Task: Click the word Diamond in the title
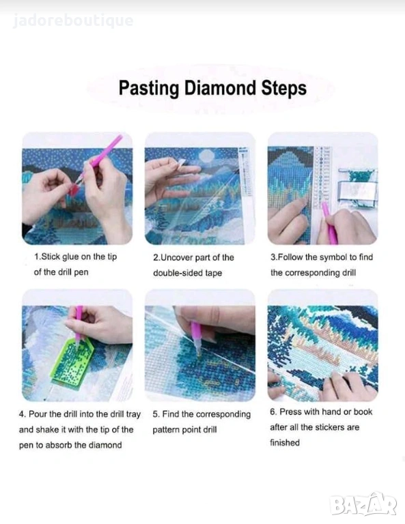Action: point(221,88)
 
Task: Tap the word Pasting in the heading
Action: point(149,89)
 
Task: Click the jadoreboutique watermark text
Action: point(73,20)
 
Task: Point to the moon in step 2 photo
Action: point(207,155)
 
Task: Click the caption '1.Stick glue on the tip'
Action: point(76,257)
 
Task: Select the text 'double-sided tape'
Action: point(188,273)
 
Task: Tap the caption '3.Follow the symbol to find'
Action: point(322,257)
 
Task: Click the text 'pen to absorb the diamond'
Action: point(70,445)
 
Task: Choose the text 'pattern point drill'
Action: point(184,429)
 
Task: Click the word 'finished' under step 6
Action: point(285,442)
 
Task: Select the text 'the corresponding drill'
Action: point(313,272)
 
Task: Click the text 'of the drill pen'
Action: point(61,272)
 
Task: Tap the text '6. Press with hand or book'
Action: point(321,411)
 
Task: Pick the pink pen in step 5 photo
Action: point(195,338)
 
